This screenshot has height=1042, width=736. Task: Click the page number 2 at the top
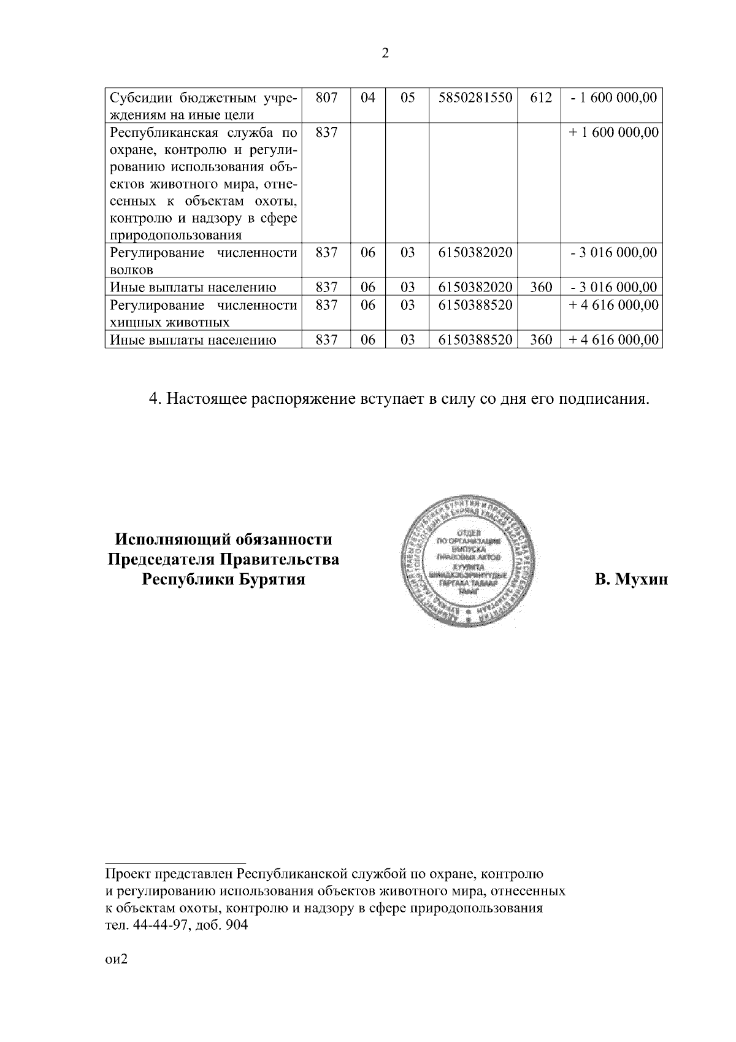[x=385, y=53]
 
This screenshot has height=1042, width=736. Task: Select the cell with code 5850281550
[x=475, y=98]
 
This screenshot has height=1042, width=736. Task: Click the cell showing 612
[x=540, y=98]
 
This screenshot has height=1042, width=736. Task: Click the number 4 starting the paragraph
[x=154, y=399]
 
